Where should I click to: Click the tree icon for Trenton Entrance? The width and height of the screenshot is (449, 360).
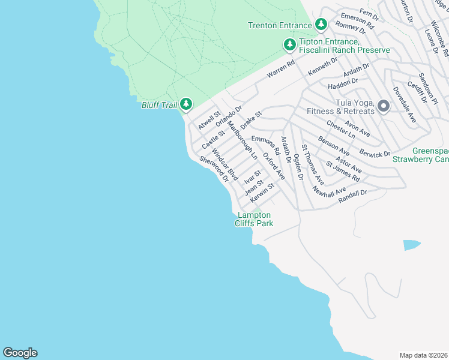point(322,25)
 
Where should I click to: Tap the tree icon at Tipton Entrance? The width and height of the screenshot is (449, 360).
point(290,44)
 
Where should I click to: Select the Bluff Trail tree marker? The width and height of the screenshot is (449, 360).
point(186,105)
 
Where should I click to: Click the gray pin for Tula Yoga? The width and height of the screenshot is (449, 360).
point(384,106)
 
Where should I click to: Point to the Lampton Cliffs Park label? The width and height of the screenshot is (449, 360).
point(255,219)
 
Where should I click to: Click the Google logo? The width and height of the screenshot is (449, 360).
point(20,353)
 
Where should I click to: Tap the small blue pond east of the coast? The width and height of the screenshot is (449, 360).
point(412,245)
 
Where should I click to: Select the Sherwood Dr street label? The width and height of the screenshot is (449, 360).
point(214,169)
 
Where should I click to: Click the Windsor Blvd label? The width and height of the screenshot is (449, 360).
point(225,164)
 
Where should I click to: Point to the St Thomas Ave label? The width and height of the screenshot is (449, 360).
point(313,164)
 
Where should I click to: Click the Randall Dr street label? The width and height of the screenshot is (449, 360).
point(352,194)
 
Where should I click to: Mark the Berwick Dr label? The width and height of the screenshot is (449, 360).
point(376,154)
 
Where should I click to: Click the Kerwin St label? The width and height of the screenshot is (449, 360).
point(262,191)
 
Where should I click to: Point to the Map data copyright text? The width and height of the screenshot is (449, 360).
point(423,355)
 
